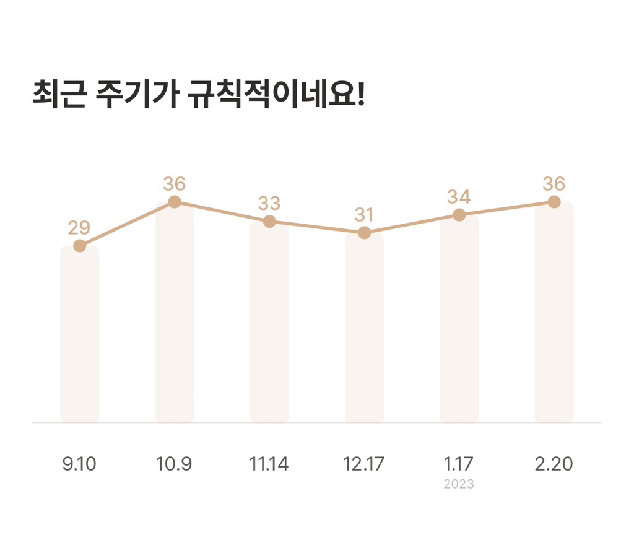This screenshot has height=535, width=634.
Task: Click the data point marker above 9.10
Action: tap(79, 246)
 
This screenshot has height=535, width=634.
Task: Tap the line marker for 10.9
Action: tap(175, 202)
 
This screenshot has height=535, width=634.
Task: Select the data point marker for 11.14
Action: tap(269, 221)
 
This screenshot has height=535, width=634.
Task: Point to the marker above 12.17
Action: tap(364, 233)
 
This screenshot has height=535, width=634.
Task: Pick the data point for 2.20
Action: tap(554, 202)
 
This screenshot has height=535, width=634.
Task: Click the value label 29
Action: tap(79, 228)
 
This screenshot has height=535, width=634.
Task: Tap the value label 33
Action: tap(269, 203)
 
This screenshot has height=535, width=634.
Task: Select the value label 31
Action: tap(364, 215)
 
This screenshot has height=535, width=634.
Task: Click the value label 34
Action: tap(459, 197)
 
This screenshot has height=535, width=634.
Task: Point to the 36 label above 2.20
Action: tap(554, 184)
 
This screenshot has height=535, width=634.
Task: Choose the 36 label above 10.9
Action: tap(175, 184)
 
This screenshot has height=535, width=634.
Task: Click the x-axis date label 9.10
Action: tap(79, 464)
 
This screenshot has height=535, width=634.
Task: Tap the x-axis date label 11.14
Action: tap(269, 464)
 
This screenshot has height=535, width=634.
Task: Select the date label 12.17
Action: tap(364, 464)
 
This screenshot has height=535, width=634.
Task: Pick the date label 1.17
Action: tap(459, 464)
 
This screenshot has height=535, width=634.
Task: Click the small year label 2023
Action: tap(459, 484)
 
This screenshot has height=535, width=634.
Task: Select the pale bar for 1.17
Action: tap(459, 322)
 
